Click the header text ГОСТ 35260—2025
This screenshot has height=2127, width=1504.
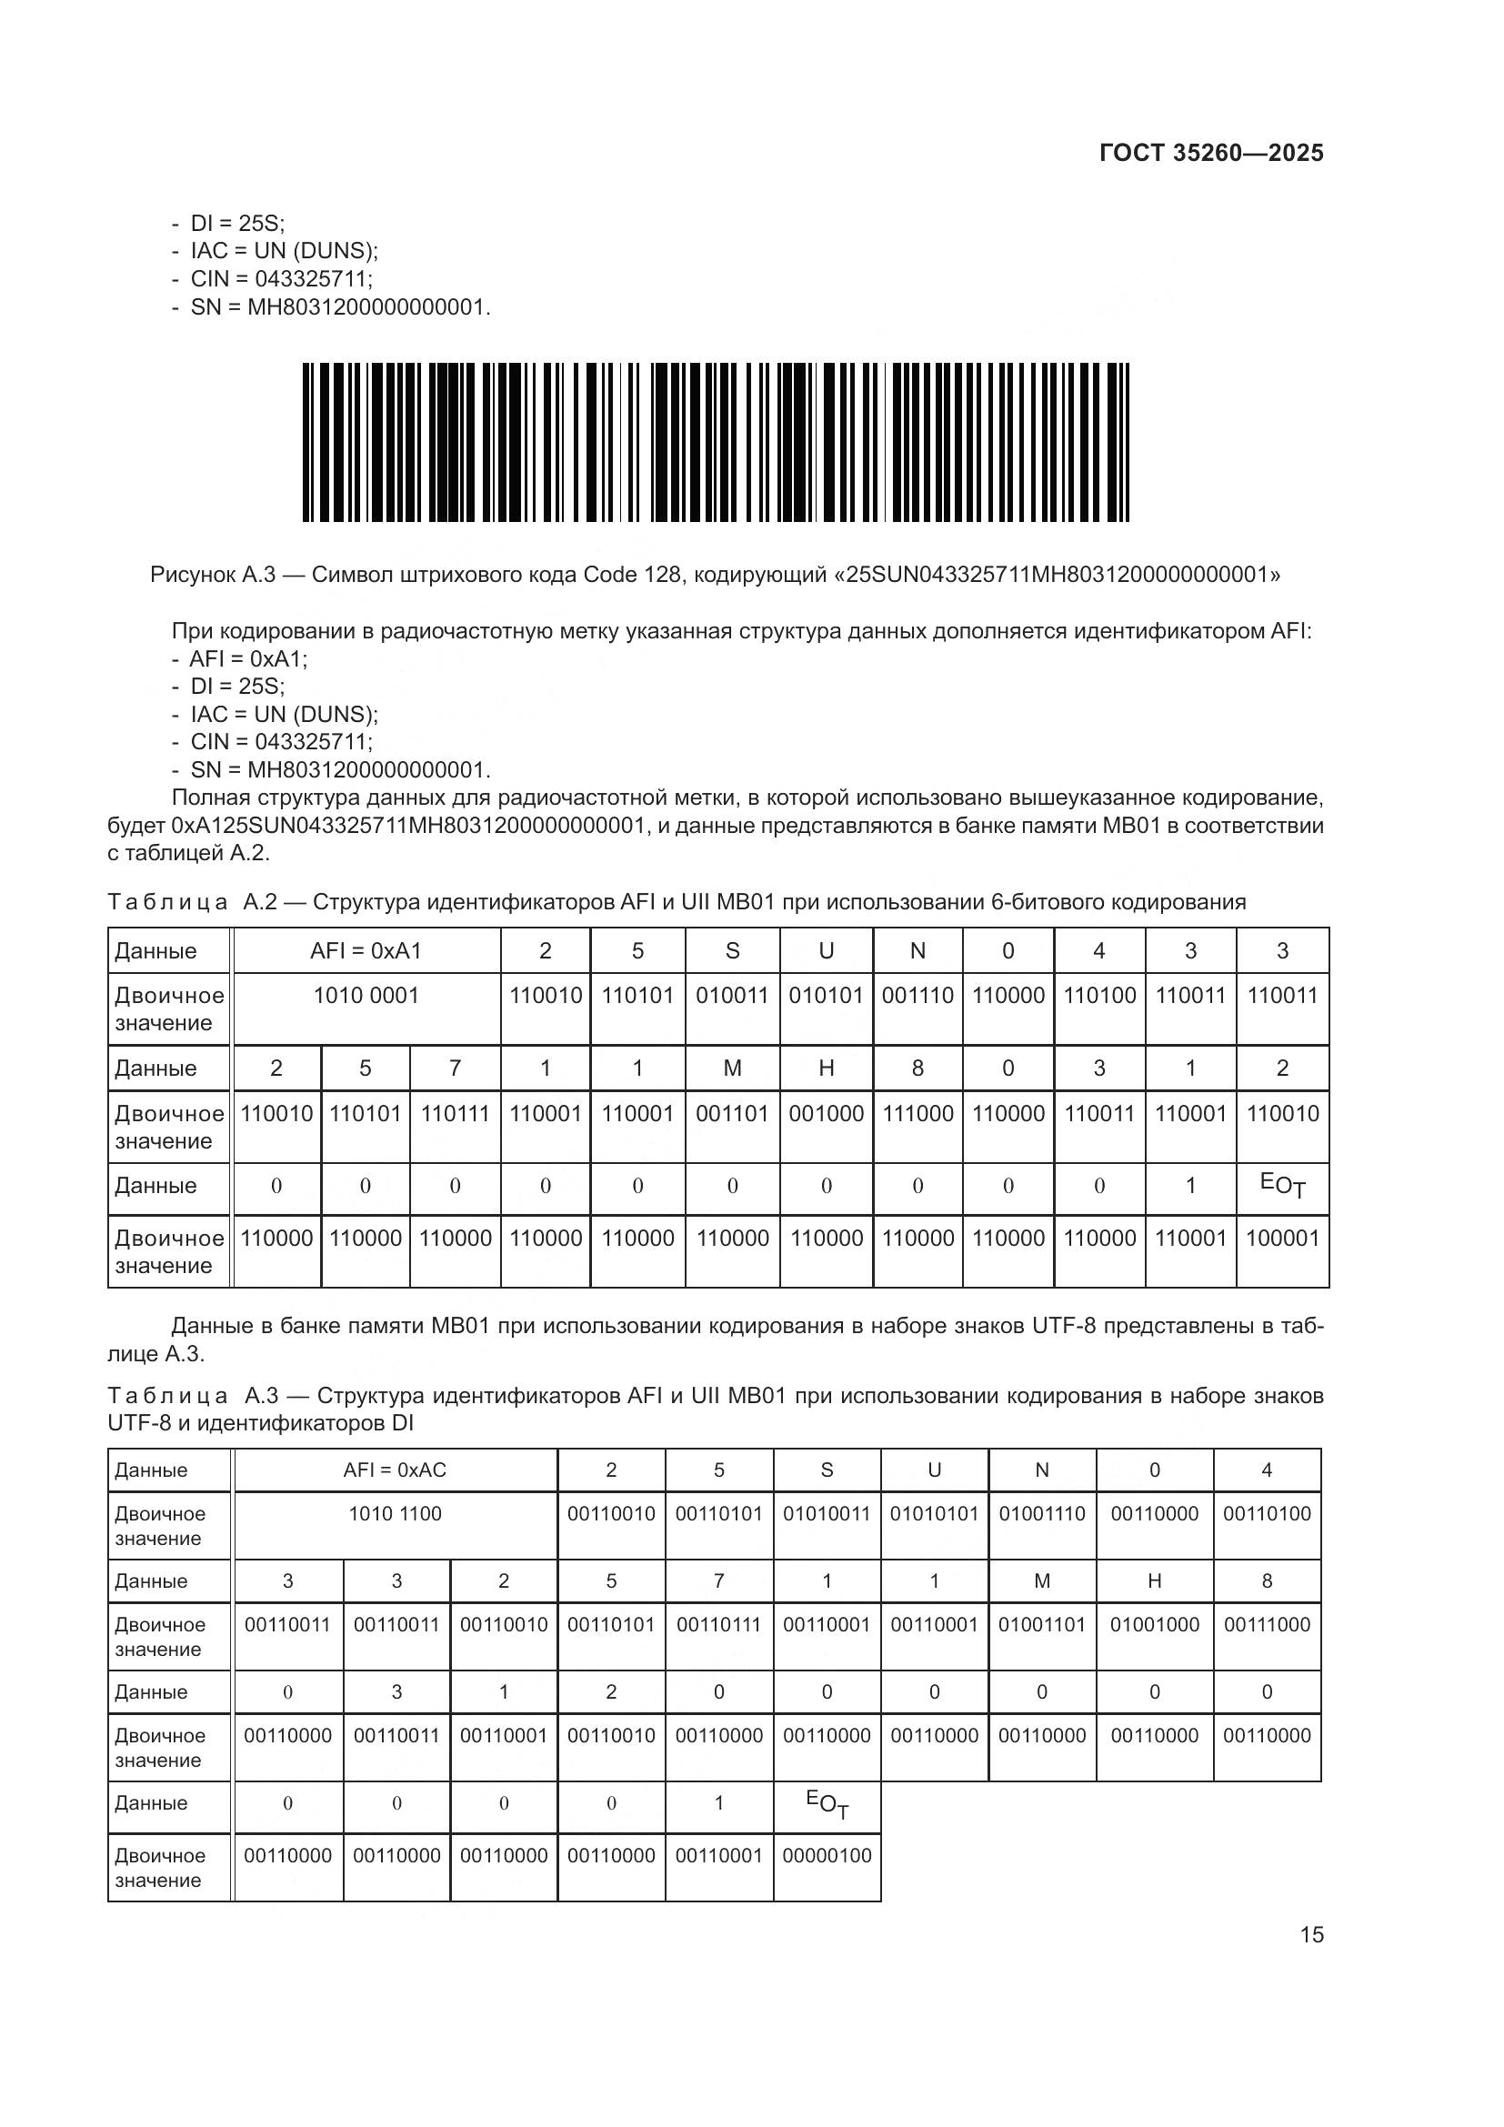[1210, 153]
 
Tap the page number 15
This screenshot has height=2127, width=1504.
[1311, 1934]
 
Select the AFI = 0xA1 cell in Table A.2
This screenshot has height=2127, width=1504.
[366, 950]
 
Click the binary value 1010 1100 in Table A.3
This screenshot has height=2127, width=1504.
[395, 1513]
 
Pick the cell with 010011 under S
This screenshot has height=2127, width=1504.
[732, 995]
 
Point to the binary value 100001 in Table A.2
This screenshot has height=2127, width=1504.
[1282, 1238]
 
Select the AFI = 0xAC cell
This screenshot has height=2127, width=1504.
[395, 1470]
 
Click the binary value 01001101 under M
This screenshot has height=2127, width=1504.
[1041, 1624]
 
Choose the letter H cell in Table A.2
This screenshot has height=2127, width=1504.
[826, 1069]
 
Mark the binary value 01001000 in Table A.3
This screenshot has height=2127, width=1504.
[1154, 1624]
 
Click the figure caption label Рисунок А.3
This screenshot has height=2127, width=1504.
[213, 575]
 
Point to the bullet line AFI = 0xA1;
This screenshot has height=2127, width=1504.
[247, 658]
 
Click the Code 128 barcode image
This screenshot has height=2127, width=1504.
[715, 442]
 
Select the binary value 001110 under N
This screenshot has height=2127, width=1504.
[917, 995]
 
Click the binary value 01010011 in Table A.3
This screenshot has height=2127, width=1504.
[826, 1513]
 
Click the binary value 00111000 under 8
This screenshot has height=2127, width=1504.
[1266, 1624]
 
